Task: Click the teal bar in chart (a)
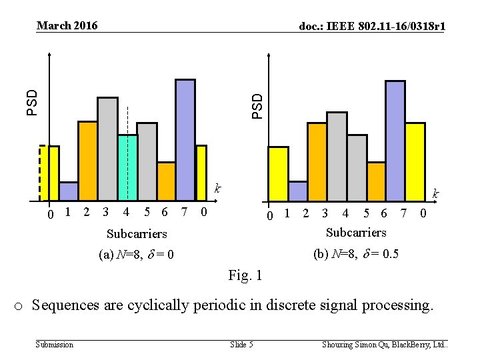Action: [127, 167]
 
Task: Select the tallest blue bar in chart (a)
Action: [185, 140]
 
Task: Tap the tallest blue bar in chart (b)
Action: [395, 141]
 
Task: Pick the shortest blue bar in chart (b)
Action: [298, 191]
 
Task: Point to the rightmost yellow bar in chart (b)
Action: [415, 161]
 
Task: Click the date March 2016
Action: [67, 26]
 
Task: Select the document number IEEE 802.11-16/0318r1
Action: [373, 26]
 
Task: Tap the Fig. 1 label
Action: [245, 275]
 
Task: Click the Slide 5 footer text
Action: [241, 345]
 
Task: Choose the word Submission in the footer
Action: [55, 345]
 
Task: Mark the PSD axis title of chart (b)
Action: [257, 105]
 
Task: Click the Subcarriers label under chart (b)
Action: [355, 232]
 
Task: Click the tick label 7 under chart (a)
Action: [184, 212]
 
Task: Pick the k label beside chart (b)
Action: [435, 193]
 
